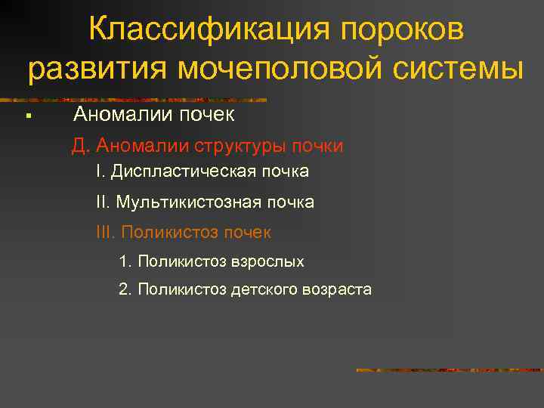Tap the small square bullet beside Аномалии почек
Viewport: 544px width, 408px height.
point(26,116)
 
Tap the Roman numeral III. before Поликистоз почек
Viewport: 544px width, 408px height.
point(106,232)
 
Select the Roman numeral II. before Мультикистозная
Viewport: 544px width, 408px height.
point(104,202)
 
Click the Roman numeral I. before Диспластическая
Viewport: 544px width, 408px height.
point(100,172)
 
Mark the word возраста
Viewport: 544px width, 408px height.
point(337,289)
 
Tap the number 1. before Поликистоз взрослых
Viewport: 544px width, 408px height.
point(125,261)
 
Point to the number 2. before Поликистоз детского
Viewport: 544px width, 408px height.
point(125,289)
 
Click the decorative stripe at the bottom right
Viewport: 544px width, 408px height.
point(449,370)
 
